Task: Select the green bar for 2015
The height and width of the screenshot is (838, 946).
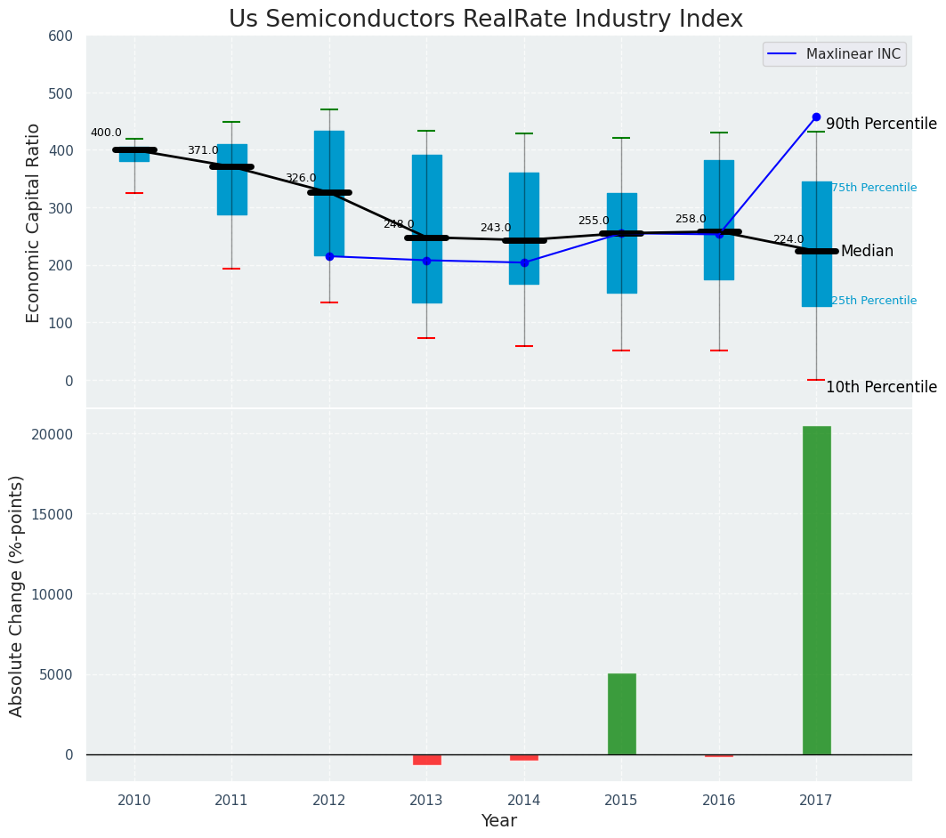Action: pyautogui.click(x=621, y=713)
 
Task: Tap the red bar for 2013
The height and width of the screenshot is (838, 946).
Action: pyautogui.click(x=426, y=759)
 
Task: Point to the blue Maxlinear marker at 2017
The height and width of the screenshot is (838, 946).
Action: pyautogui.click(x=816, y=117)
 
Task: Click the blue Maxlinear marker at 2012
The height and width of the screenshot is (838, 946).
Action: pyautogui.click(x=329, y=256)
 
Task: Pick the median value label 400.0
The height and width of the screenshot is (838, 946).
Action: pyautogui.click(x=106, y=133)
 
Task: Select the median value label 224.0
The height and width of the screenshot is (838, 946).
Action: pyautogui.click(x=788, y=240)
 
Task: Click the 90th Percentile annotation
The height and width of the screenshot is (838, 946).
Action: pyautogui.click(x=881, y=125)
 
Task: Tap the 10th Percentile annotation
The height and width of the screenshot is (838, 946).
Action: pyautogui.click(x=881, y=388)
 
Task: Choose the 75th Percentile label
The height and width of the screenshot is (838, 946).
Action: pyautogui.click(x=873, y=188)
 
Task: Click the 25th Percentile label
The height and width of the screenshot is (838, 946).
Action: pyautogui.click(x=873, y=301)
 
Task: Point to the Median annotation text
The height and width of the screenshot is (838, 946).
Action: pyautogui.click(x=867, y=252)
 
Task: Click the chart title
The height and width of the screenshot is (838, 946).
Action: pyautogui.click(x=485, y=20)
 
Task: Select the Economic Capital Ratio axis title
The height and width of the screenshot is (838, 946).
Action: pyautogui.click(x=34, y=222)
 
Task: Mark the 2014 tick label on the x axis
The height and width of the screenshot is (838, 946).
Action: pyautogui.click(x=523, y=800)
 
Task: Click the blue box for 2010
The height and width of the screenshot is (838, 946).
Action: pyautogui.click(x=134, y=156)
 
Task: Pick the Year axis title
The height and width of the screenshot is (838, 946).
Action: pyautogui.click(x=498, y=821)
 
